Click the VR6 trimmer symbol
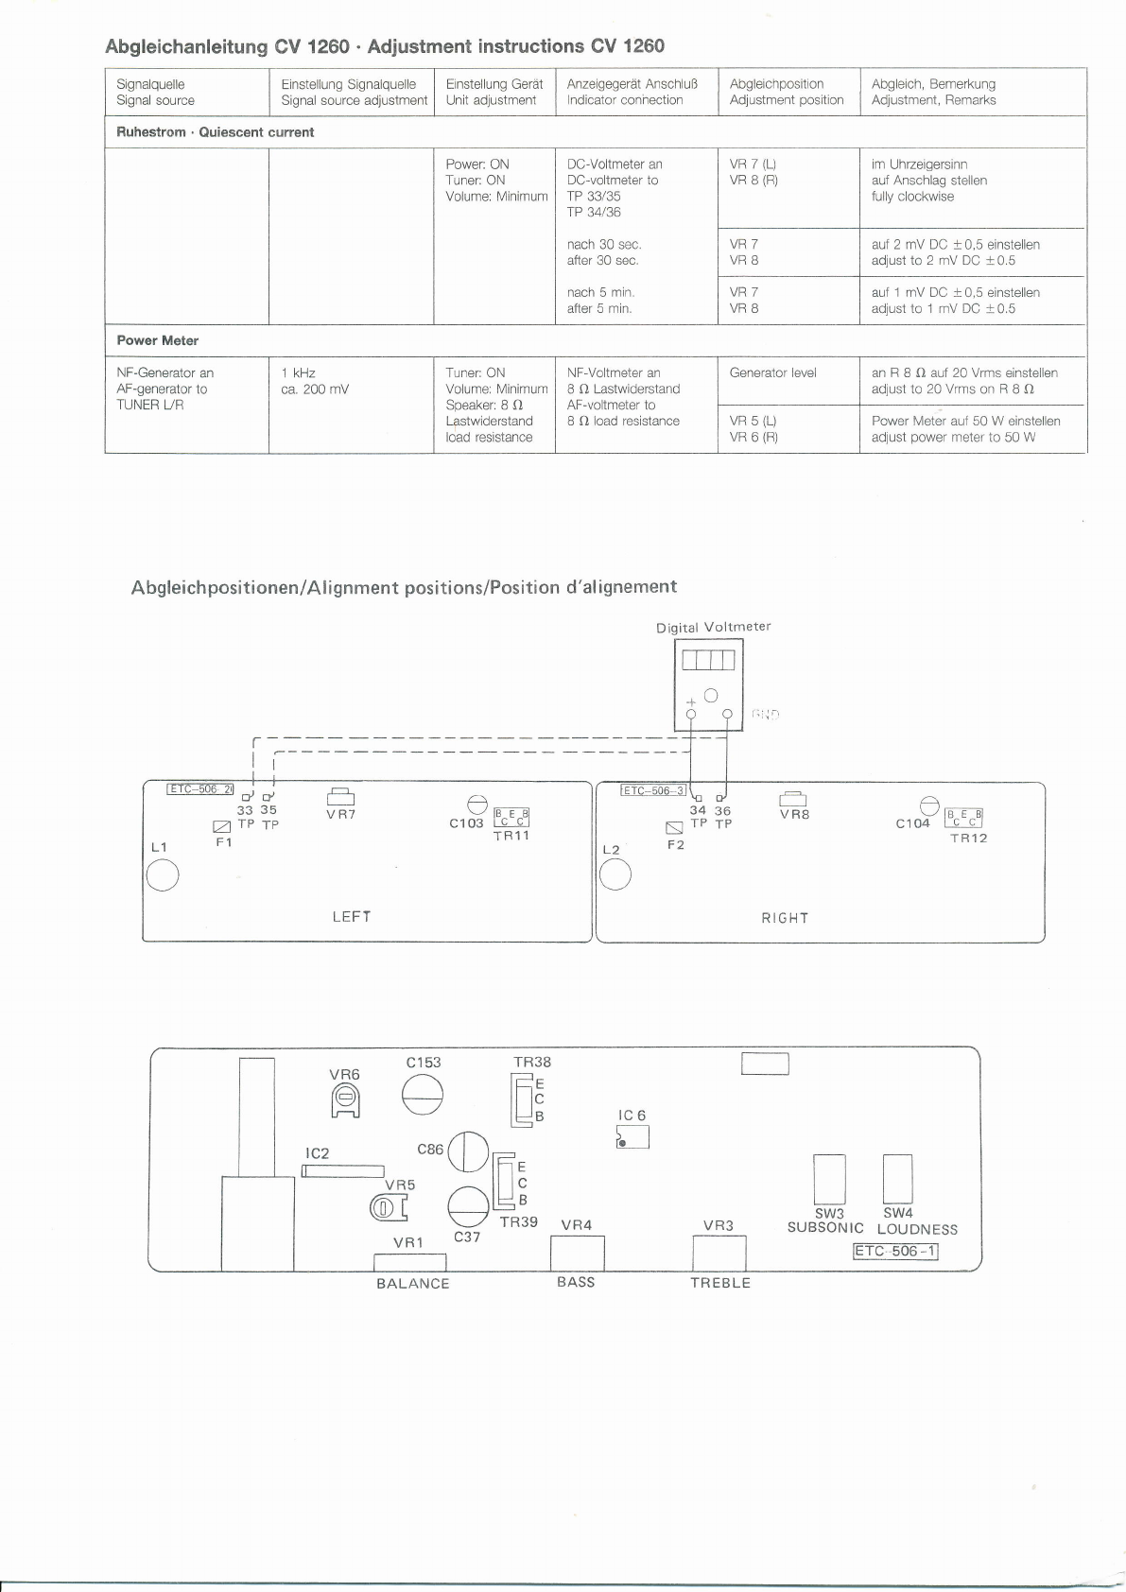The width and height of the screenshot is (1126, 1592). (345, 1099)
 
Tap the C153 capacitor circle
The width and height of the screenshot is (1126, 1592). (423, 1096)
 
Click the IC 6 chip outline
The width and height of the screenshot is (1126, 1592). (632, 1137)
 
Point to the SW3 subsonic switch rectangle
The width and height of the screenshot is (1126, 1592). (829, 1178)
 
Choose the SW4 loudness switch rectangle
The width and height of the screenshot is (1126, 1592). (897, 1177)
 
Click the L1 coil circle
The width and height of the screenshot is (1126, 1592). (162, 876)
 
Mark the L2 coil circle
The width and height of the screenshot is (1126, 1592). (615, 876)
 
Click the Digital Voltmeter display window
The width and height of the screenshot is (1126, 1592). (708, 659)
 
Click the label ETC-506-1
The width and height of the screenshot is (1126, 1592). (895, 1252)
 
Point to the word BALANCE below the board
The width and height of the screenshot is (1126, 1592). (412, 1283)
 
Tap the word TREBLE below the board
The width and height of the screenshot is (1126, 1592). (719, 1283)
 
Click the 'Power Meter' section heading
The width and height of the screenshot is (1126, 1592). (158, 340)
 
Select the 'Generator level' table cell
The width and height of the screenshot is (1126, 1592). (772, 372)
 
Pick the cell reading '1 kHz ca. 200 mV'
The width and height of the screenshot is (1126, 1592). (315, 381)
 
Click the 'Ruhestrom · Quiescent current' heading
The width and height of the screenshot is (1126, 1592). (215, 132)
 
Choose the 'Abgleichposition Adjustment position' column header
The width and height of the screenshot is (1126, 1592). (787, 92)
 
